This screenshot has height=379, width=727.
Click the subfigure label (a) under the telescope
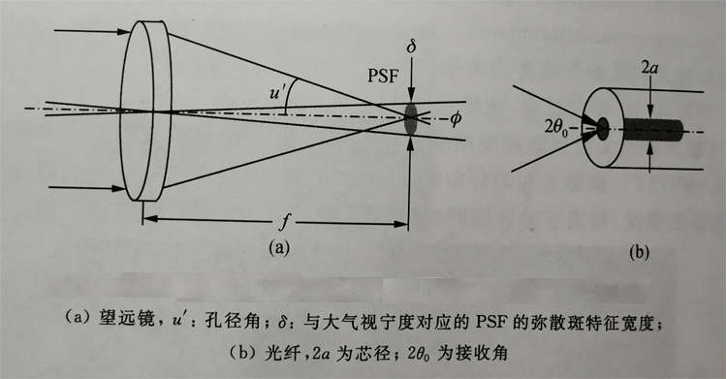(279, 247)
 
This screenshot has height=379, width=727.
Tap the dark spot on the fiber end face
(603, 127)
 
